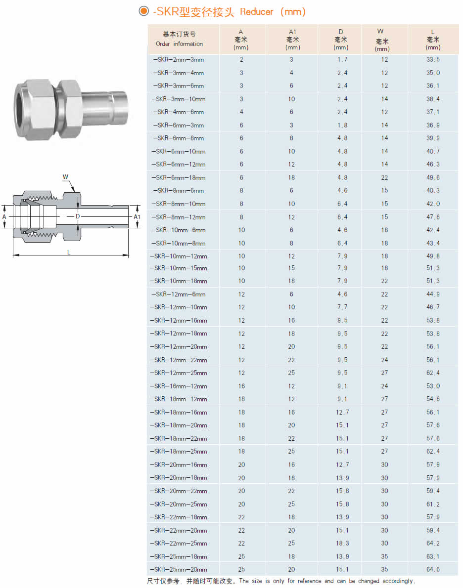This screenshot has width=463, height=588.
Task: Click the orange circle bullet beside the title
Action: [x=143, y=11]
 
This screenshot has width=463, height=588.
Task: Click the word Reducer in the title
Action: [x=256, y=12]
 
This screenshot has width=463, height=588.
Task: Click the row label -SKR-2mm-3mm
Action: [x=179, y=60]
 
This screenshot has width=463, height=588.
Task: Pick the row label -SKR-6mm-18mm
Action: [x=179, y=178]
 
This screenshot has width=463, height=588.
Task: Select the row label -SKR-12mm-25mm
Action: [x=179, y=373]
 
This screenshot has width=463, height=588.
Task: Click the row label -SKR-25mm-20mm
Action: [x=179, y=570]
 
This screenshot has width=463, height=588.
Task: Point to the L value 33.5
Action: [x=433, y=60]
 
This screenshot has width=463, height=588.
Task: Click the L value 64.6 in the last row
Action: [x=433, y=570]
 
